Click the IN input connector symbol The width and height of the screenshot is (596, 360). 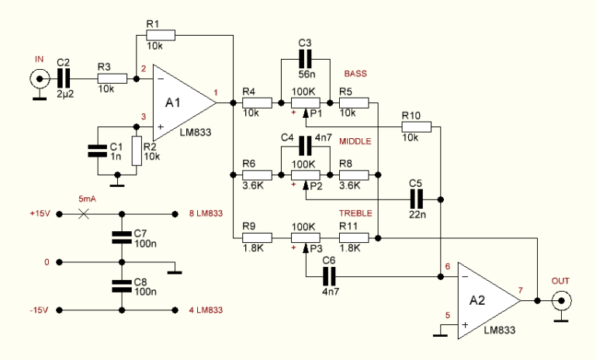(x=36, y=78)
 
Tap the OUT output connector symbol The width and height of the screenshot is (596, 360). (x=560, y=299)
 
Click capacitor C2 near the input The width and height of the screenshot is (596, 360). (x=64, y=78)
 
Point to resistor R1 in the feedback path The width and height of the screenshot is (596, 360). (x=160, y=35)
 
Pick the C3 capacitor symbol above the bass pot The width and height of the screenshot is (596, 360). (x=304, y=58)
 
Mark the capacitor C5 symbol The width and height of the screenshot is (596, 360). (x=415, y=199)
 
